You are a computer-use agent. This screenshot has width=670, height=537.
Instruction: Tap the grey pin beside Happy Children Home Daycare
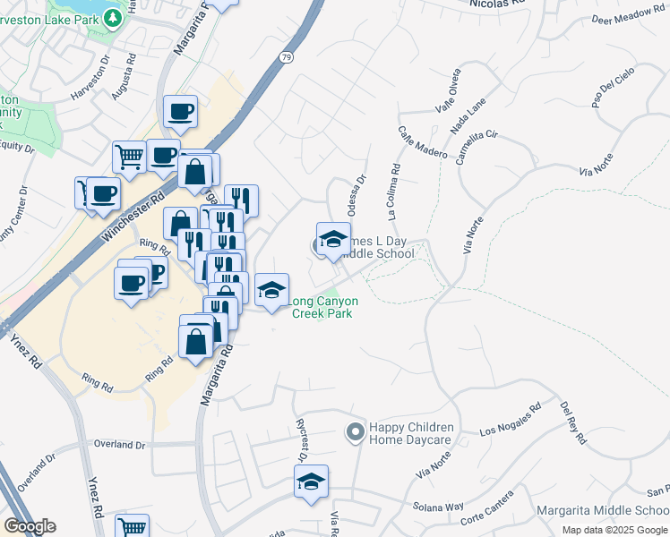click(355, 433)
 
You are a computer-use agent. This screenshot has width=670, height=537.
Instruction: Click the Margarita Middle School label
click(602, 511)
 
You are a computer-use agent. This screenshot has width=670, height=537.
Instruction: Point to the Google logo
click(30, 526)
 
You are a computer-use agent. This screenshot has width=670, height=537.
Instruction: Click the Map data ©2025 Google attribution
click(615, 530)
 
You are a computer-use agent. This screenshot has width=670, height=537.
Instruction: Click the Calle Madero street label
click(423, 141)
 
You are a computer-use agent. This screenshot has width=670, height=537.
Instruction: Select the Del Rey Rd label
click(571, 422)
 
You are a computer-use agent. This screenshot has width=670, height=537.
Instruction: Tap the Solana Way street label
click(439, 507)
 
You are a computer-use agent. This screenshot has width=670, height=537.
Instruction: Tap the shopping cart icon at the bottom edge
click(133, 526)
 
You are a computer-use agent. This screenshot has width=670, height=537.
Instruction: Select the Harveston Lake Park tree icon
click(111, 17)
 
